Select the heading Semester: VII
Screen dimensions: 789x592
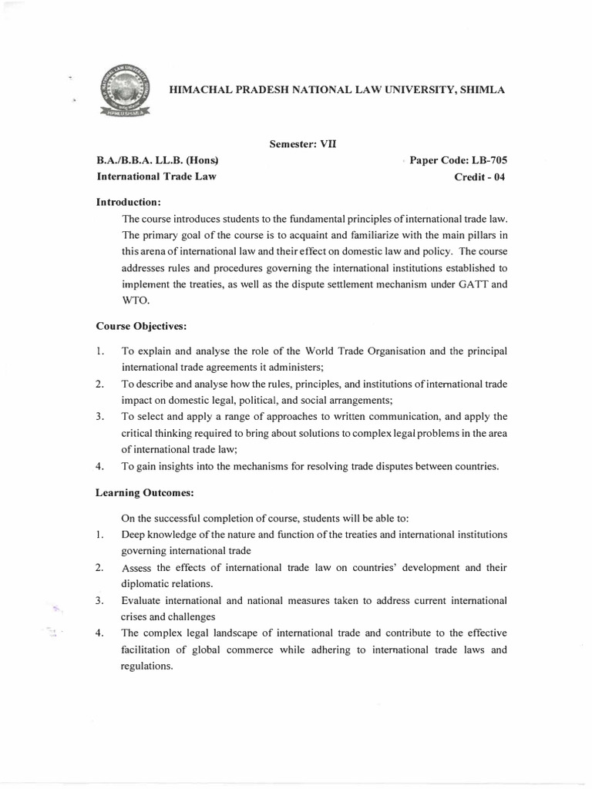[303, 142]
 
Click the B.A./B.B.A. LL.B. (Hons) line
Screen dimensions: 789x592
[157, 160]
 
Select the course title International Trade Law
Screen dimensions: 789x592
[156, 176]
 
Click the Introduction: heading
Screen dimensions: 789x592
[127, 202]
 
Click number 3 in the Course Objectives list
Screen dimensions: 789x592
[100, 417]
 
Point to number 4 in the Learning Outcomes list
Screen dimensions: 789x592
[100, 633]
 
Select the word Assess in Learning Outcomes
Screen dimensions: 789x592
[136, 568]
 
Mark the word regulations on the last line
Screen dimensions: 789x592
[146, 666]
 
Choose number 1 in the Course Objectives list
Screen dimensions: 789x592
[100, 351]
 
